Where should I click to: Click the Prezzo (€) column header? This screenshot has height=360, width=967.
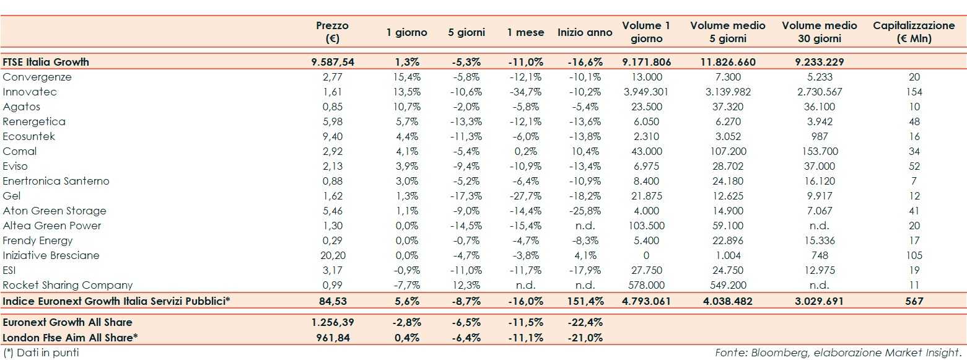332,32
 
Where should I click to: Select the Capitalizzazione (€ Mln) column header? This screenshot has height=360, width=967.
914,32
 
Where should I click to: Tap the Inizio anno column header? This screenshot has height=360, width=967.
585,32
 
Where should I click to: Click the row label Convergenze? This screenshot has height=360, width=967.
37,77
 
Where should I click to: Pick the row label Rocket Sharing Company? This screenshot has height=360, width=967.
68,285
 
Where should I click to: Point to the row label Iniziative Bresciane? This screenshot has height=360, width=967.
51,255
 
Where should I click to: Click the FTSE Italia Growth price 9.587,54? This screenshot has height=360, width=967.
333,62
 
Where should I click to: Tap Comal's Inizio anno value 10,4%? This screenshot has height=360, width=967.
585,151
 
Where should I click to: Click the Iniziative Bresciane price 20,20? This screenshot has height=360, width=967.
333,255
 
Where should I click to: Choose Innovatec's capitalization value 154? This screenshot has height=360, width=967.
914,92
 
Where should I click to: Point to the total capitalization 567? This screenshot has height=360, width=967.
914,301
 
